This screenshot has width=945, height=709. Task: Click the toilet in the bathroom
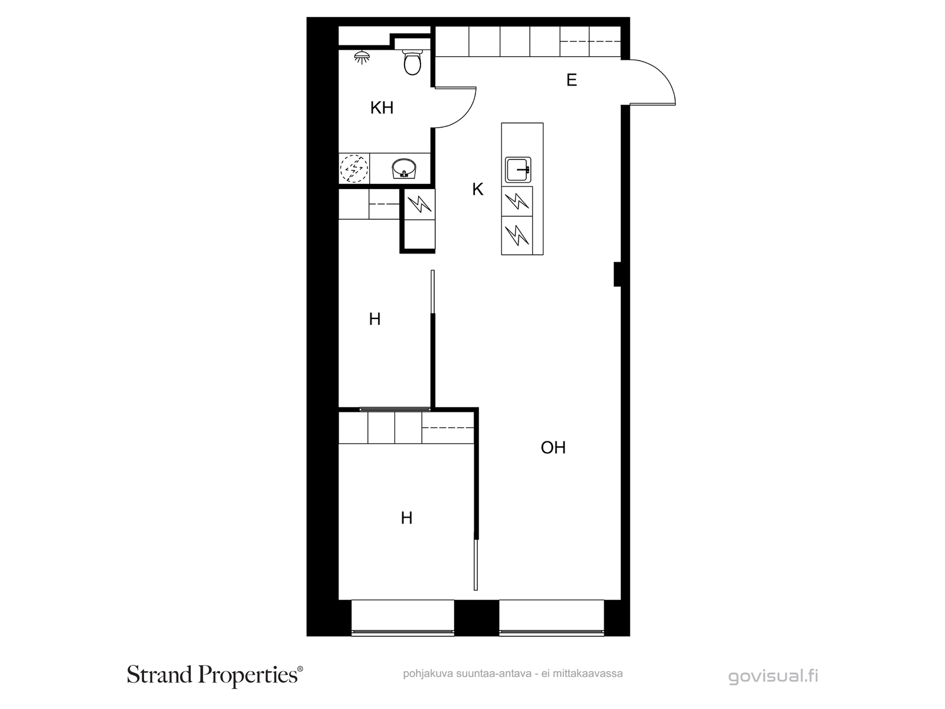coord(412,63)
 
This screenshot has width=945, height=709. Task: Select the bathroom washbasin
coord(404,168)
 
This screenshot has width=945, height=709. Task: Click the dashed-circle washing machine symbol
coord(354,168)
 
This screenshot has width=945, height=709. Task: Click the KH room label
coord(382,108)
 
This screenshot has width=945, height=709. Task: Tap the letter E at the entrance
coord(571,80)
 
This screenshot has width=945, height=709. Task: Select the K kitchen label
coord(477,190)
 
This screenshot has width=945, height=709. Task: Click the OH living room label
coord(553,448)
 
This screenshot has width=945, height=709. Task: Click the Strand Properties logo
coord(215,675)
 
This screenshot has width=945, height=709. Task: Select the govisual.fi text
coord(773,676)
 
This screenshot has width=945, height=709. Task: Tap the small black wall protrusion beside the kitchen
coord(617,274)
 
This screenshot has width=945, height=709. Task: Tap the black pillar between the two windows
coord(477,617)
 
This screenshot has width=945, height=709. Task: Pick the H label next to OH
coord(406,518)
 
